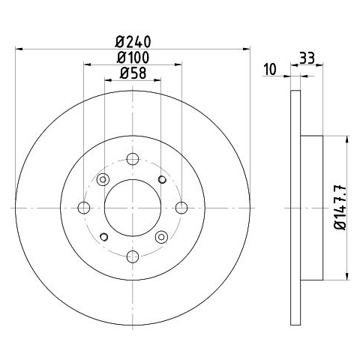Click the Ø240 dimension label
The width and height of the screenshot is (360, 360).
point(133,42)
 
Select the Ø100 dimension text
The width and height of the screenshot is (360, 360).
point(133,58)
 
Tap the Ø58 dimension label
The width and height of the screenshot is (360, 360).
point(133,73)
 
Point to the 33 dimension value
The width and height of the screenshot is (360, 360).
point(307,58)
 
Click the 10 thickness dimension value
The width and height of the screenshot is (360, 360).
point(270,69)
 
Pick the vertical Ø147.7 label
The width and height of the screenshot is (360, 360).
point(340,207)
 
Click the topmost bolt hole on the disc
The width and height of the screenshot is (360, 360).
point(133,159)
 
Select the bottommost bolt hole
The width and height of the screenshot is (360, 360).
point(133,256)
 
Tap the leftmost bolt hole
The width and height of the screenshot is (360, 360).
point(84,208)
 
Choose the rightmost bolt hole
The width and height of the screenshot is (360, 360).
point(181,208)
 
